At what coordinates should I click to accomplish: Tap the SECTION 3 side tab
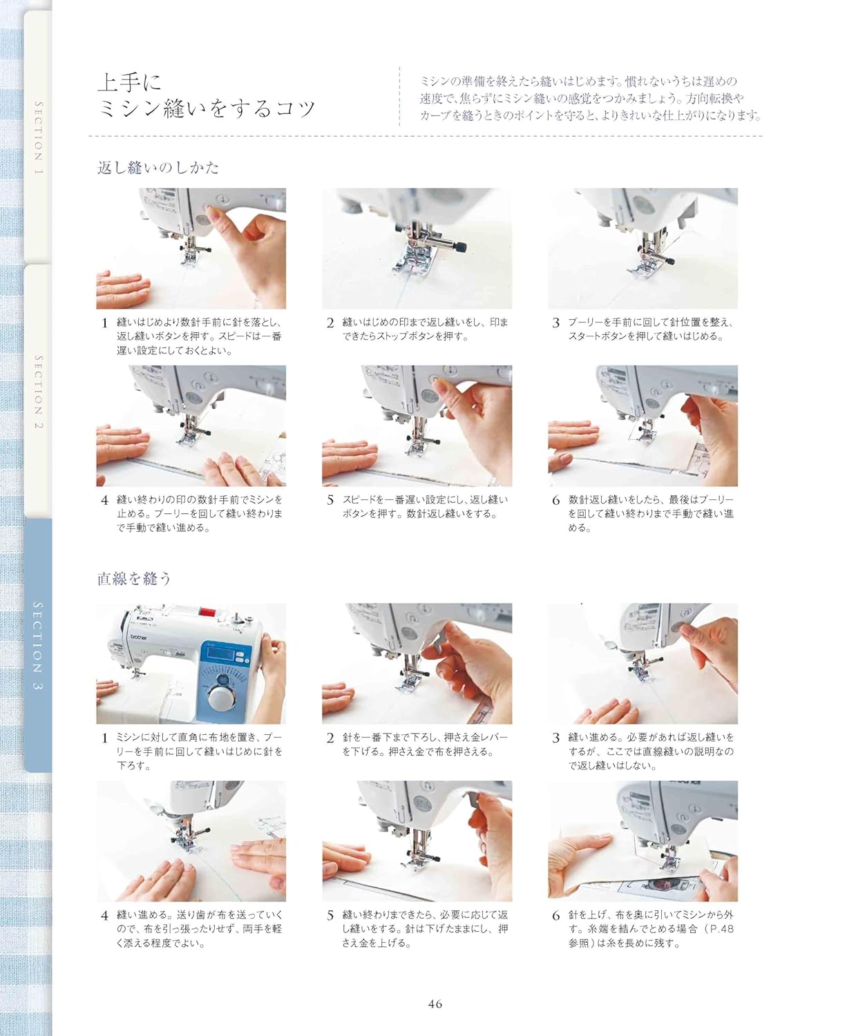(x=38, y=646)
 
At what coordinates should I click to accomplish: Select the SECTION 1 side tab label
(x=38, y=138)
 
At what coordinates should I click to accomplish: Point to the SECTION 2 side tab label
(x=38, y=392)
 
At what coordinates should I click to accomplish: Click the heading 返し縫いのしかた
(x=158, y=168)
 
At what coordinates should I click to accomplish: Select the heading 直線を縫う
(x=133, y=578)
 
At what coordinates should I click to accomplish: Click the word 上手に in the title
(x=130, y=82)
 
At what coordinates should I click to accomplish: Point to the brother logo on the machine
(x=139, y=637)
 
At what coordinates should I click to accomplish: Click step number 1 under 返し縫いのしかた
(x=104, y=323)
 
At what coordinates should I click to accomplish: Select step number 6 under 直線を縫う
(x=555, y=915)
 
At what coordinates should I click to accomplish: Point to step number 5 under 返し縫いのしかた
(x=330, y=500)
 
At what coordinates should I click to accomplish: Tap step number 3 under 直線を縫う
(x=555, y=738)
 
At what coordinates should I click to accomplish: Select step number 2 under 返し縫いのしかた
(x=330, y=323)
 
